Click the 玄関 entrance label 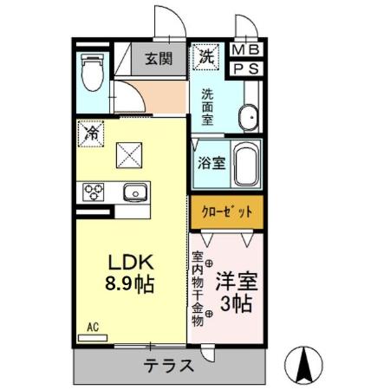158,60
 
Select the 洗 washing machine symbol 206,57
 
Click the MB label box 247,50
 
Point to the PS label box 247,68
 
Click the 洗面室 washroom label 208,107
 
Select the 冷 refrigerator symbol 92,133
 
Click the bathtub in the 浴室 246,166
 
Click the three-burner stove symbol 93,192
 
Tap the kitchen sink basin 135,192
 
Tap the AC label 93,327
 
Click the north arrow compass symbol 305,363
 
